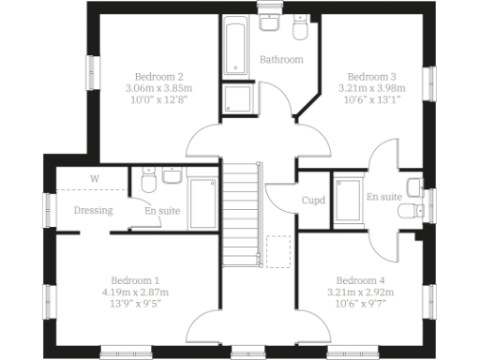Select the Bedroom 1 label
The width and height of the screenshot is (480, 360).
[135, 280]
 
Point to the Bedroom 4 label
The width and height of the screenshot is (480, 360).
[360, 280]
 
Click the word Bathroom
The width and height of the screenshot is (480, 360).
[281, 59]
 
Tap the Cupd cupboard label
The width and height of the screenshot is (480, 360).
[312, 200]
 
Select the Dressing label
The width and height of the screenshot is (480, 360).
[93, 211]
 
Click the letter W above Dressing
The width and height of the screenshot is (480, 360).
[94, 178]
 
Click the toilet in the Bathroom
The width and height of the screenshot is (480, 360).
[300, 31]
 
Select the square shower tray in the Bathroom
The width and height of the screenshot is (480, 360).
[235, 98]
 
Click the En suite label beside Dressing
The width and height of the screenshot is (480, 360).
[162, 211]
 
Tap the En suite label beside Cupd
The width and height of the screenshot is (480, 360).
[384, 197]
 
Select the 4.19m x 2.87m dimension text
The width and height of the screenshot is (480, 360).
[135, 292]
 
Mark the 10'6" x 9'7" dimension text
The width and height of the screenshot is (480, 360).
[360, 304]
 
